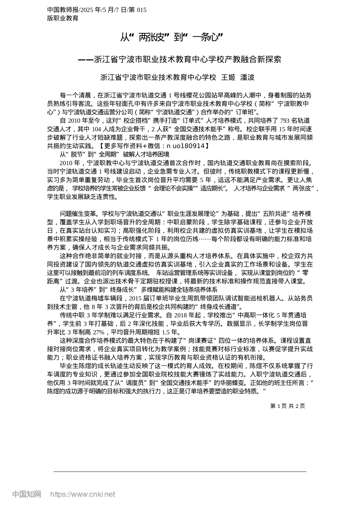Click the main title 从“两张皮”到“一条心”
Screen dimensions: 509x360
click(x=171, y=37)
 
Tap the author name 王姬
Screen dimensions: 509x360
click(x=228, y=77)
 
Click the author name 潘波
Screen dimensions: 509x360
click(x=247, y=77)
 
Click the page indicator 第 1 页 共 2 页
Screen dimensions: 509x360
click(x=287, y=406)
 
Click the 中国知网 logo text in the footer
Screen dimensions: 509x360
click(x=27, y=494)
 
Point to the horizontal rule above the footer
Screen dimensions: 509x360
click(x=180, y=472)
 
